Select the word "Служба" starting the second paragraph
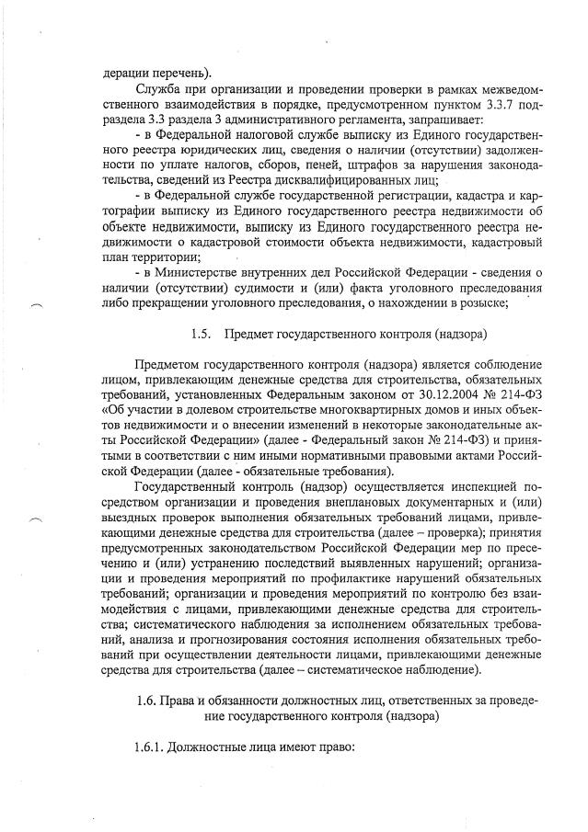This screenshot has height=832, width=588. (157, 91)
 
